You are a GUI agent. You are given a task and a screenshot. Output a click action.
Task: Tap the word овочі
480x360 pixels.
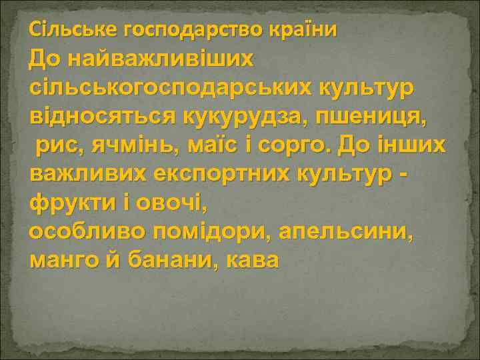tap(160, 201)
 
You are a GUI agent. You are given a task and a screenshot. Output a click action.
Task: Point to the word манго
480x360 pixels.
tap(65, 259)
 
